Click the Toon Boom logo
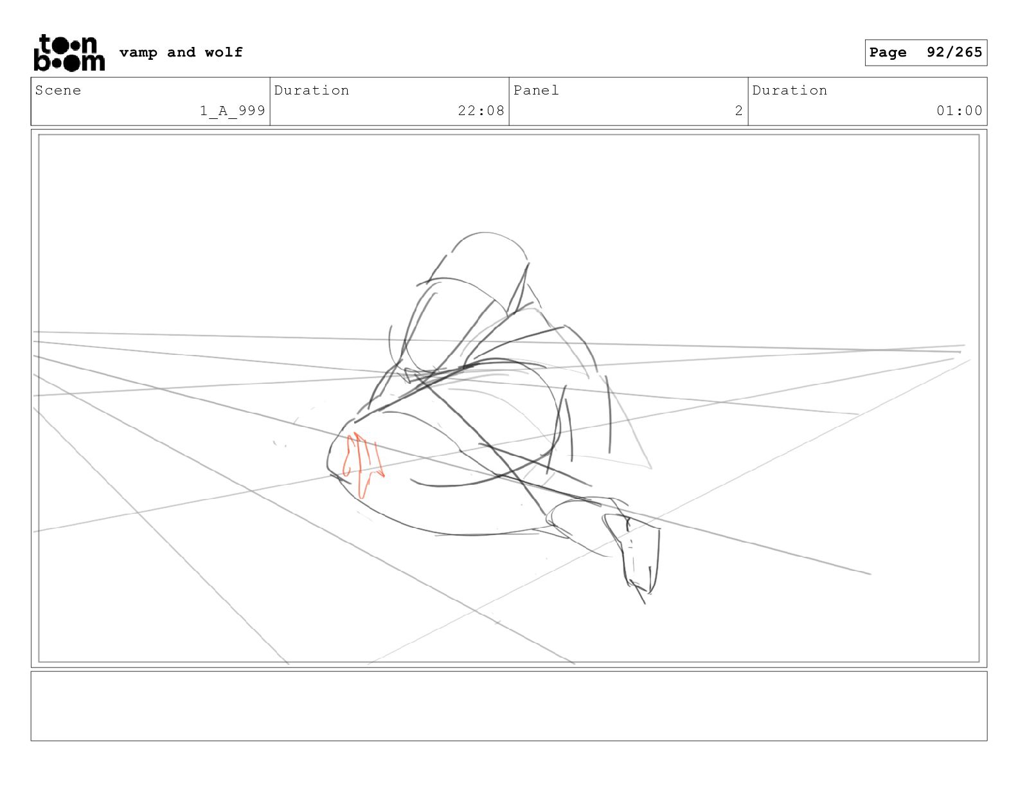(x=69, y=53)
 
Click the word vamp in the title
(x=138, y=53)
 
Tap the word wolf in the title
(x=224, y=52)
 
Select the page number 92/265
(x=954, y=52)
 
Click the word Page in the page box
(x=888, y=52)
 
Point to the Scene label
(x=58, y=90)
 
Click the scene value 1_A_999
(x=233, y=111)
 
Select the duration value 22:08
(x=481, y=111)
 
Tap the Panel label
(x=536, y=90)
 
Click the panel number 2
(x=739, y=111)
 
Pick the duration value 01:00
(x=959, y=111)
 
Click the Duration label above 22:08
(x=312, y=90)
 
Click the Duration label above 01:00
(x=789, y=90)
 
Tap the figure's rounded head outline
(x=487, y=233)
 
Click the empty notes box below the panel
(x=509, y=706)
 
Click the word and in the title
(x=181, y=52)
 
